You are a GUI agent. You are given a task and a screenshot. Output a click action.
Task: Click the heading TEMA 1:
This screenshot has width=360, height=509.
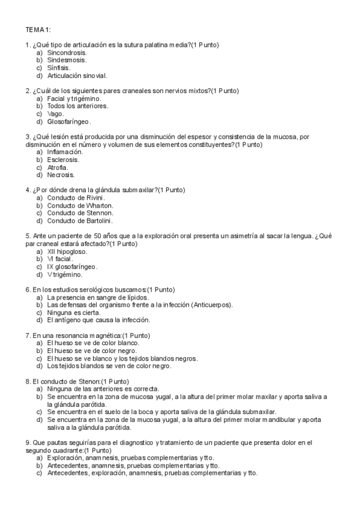38,29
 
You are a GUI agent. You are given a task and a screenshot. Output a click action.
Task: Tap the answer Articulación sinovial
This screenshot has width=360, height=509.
77,76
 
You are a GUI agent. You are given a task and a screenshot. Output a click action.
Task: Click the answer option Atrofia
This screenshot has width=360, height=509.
57,167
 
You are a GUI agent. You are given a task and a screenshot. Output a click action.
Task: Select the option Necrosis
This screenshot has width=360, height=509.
61,175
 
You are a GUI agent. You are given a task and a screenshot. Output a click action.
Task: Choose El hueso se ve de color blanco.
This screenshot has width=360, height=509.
93,343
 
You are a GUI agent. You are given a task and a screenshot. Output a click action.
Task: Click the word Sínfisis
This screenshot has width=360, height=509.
58,68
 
